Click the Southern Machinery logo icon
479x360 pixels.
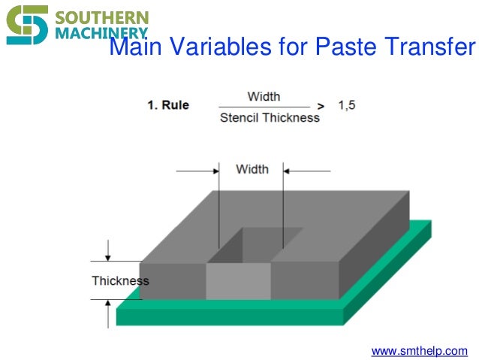coord(26,25)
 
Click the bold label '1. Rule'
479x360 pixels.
coord(167,106)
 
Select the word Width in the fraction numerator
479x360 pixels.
coord(264,96)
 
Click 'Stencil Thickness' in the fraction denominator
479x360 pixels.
coord(270,117)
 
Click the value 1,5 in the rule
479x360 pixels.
coord(346,106)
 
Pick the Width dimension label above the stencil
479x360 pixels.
coord(252,169)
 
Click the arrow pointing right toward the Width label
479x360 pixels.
coord(197,171)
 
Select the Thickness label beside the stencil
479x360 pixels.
coord(120,281)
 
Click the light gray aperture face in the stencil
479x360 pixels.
coord(238,281)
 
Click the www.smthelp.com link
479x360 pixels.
coord(419,350)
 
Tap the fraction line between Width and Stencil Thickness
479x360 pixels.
coord(264,107)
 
